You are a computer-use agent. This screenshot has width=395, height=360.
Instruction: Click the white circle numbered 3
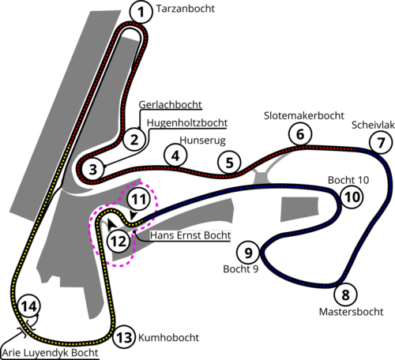[92, 169]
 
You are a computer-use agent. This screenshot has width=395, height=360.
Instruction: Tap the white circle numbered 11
[139, 200]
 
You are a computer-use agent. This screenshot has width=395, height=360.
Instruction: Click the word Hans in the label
[164, 235]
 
